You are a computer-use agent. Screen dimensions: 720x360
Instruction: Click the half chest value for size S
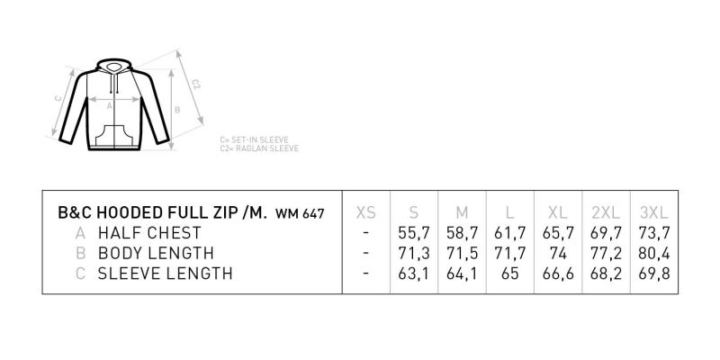(414, 233)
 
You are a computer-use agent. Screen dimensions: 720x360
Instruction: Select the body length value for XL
(558, 253)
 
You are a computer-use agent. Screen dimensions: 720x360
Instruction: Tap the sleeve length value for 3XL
(654, 274)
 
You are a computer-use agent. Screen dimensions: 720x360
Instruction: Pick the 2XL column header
(606, 212)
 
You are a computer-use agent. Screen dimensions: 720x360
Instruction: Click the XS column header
(366, 212)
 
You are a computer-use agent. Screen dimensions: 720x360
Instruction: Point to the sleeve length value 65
(509, 274)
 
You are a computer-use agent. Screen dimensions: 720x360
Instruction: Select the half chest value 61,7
(509, 233)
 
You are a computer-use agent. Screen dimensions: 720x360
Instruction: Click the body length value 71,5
(462, 253)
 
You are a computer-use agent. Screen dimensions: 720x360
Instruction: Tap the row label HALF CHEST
(149, 233)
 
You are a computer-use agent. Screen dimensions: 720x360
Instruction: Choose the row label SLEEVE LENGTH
(166, 274)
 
